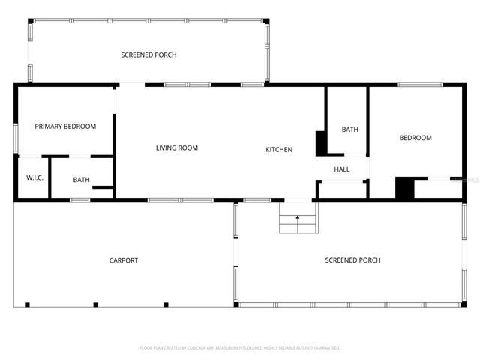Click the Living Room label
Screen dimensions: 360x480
point(176,148)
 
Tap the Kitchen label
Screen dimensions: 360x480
point(279,150)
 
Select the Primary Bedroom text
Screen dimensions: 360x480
point(65,127)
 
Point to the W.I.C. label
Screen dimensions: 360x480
point(34,178)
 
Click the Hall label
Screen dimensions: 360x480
point(342,169)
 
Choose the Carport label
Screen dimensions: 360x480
point(124,260)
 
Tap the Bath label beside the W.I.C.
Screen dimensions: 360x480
point(81,180)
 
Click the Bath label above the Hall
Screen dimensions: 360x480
point(349,130)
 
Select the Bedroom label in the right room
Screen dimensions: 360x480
point(415,138)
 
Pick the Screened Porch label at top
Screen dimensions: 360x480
point(148,55)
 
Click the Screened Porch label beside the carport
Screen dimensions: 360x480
point(352,260)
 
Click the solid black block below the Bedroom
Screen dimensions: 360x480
point(404,188)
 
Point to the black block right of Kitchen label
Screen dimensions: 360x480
point(320,143)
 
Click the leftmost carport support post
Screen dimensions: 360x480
point(27,304)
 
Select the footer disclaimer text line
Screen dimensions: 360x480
point(240,348)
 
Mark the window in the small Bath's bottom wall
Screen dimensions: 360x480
point(79,199)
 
